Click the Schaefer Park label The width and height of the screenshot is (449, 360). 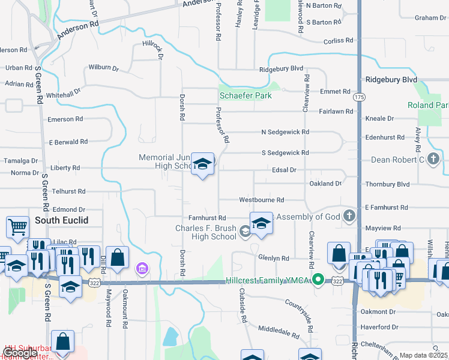tap(245, 95)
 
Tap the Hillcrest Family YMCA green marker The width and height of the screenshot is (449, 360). tap(320, 280)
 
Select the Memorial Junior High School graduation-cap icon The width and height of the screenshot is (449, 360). tap(202, 164)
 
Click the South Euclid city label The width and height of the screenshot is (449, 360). tap(61, 220)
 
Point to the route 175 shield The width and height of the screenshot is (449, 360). tap(359, 97)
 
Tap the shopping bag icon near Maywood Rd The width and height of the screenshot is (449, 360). tap(117, 258)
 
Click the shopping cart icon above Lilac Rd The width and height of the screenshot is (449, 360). tap(17, 227)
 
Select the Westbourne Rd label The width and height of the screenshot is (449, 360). tap(261, 200)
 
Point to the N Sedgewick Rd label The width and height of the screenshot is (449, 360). tap(285, 132)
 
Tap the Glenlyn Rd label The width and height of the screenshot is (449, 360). tap(273, 259)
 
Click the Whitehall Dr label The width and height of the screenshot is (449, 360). tap(63, 93)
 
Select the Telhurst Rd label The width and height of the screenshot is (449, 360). tap(68, 191)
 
